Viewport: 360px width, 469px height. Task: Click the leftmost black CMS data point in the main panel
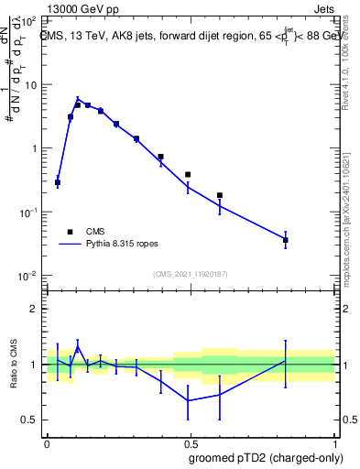click(58, 182)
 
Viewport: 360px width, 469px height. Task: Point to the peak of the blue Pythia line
click(78, 99)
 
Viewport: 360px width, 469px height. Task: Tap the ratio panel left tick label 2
click(34, 309)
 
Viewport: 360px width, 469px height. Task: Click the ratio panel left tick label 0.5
click(30, 420)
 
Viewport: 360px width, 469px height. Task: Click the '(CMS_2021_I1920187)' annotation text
click(190, 274)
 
